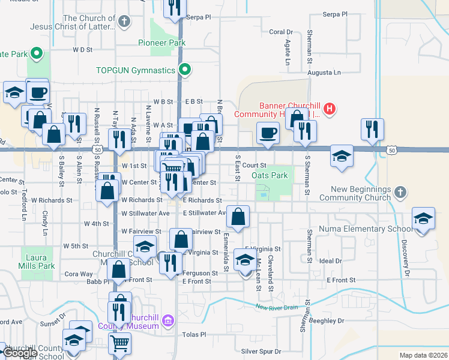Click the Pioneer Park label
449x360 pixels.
161,43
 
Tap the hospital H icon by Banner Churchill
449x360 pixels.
328,109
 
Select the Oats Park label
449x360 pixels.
270,176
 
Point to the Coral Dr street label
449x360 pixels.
280,32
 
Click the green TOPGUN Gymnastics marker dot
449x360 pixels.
185,70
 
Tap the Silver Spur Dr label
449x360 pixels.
261,351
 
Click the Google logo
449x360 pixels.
19,353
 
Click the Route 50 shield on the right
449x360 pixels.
392,149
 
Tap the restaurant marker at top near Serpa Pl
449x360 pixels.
174,8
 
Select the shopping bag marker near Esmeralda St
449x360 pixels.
238,217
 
